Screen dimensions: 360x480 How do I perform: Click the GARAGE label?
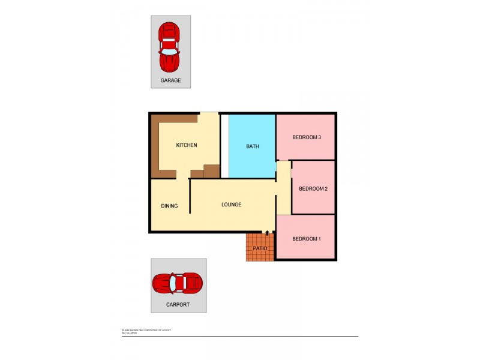tap(170, 80)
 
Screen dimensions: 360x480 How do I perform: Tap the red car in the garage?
tap(170, 47)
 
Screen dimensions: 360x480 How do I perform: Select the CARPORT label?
tap(178, 304)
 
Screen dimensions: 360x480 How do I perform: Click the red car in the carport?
tap(178, 283)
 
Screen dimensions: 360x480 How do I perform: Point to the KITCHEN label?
tap(186, 145)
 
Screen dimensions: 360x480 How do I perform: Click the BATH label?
tap(253, 146)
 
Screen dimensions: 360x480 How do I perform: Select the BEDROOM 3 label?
tap(307, 137)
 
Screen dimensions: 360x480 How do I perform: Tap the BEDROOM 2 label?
tap(313, 189)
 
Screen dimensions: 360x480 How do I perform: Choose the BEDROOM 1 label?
tap(307, 239)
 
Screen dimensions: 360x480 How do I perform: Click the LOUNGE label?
tap(231, 205)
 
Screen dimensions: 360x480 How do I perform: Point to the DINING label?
tap(169, 206)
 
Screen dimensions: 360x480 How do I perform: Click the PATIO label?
tap(260, 248)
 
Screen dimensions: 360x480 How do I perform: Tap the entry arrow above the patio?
tap(268, 232)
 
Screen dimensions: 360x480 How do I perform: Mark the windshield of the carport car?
tap(172, 283)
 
